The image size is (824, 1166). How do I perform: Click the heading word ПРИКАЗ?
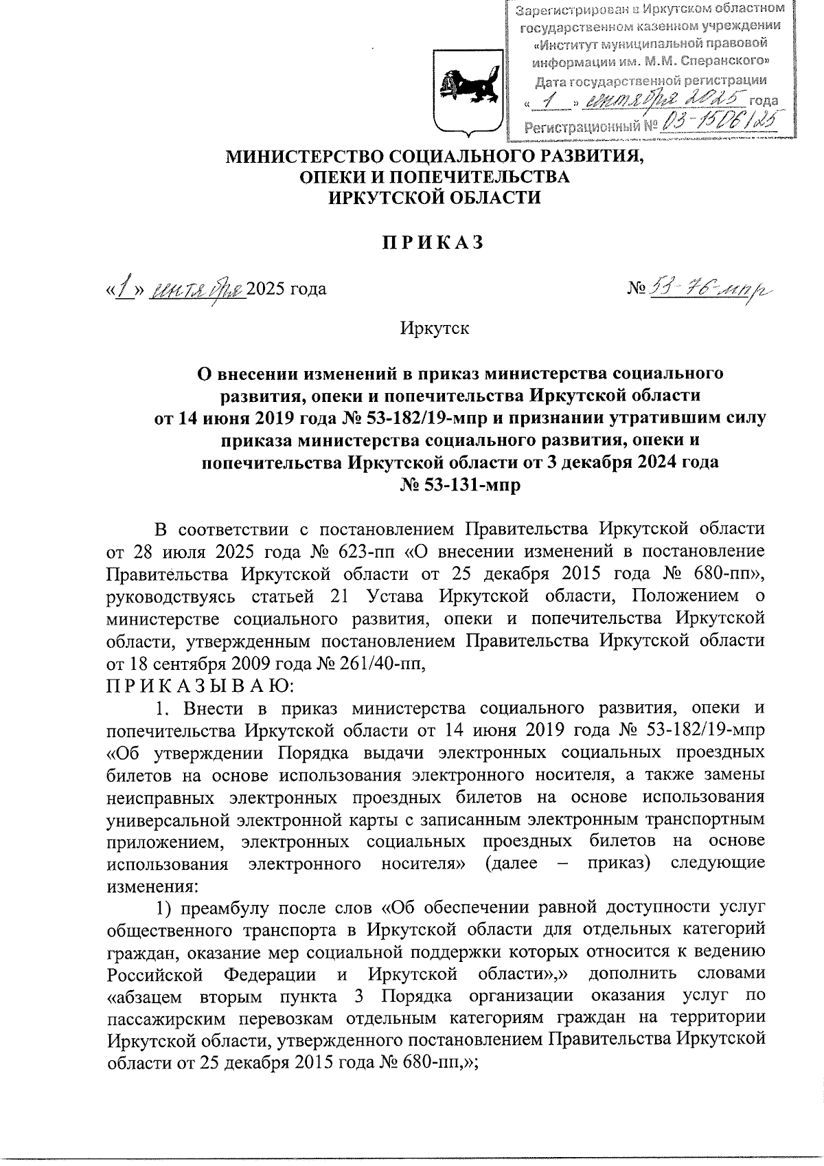click(433, 243)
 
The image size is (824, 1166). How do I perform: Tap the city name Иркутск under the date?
click(435, 328)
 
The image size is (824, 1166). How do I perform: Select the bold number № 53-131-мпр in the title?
click(460, 485)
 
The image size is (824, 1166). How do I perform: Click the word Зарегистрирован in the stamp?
click(573, 11)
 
